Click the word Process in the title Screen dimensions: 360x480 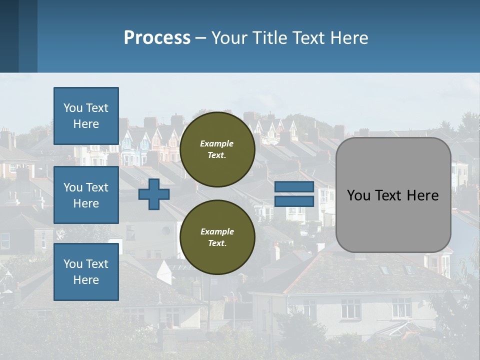(x=157, y=38)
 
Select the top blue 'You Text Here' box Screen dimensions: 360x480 (x=86, y=116)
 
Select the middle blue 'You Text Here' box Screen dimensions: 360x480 (x=86, y=195)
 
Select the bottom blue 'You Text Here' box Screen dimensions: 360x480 (x=86, y=271)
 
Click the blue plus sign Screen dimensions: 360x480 (x=154, y=194)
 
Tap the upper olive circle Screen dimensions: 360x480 (x=217, y=149)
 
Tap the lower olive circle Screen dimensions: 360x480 (x=217, y=237)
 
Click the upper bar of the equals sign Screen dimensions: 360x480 (x=294, y=187)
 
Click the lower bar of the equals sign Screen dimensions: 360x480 (x=294, y=201)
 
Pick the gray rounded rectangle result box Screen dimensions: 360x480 (x=393, y=220)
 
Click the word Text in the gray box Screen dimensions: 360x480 (x=388, y=195)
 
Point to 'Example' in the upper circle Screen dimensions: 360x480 (x=217, y=143)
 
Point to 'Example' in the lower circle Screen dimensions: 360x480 (x=217, y=231)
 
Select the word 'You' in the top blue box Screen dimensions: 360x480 (x=73, y=108)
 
